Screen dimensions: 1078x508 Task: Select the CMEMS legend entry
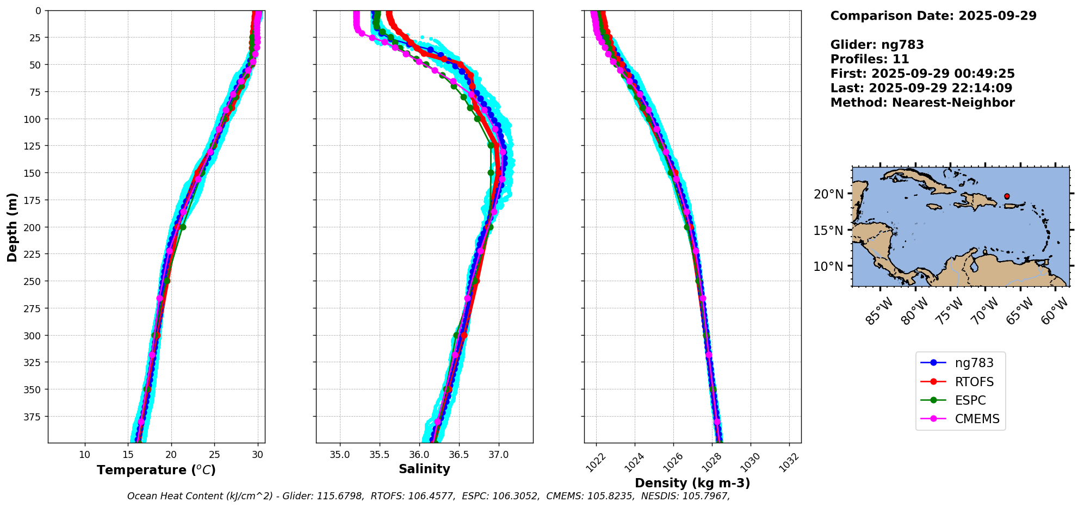[960, 419]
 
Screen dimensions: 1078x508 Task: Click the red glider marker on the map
[1007, 196]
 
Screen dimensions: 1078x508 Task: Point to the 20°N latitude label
[828, 194]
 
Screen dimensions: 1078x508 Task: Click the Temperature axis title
[156, 470]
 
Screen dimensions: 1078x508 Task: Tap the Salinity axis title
[424, 469]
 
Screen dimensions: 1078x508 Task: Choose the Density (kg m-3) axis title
[692, 483]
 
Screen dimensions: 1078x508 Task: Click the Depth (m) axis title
[12, 227]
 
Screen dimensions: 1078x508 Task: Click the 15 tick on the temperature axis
[128, 454]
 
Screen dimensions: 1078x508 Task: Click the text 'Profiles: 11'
[870, 59]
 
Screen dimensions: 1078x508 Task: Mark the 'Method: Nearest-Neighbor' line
[922, 103]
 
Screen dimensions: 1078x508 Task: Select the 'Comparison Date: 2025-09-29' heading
[933, 16]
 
